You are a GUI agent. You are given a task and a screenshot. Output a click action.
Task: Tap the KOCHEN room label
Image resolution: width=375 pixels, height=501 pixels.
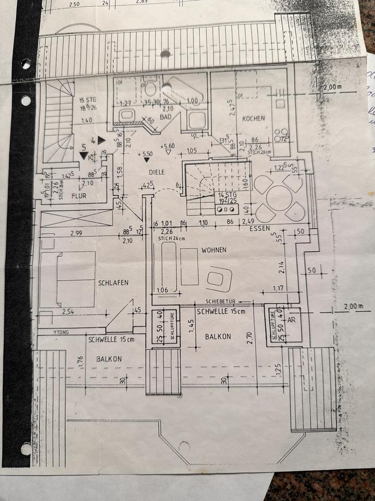[x=253, y=118]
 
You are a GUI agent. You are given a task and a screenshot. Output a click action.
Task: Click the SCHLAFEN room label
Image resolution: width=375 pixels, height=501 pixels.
[x=113, y=282]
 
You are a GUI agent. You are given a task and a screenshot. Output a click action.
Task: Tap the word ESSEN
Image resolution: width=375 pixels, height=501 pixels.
[x=259, y=228]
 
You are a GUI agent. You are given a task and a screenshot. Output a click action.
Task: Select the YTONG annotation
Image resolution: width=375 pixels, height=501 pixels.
[x=61, y=331]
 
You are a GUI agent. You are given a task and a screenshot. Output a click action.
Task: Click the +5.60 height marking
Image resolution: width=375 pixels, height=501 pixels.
[x=168, y=146]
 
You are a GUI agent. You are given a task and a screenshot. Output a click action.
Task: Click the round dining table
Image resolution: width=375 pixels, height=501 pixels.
[x=280, y=198]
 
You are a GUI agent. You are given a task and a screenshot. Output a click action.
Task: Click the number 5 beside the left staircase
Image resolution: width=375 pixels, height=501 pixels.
[x=83, y=148]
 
